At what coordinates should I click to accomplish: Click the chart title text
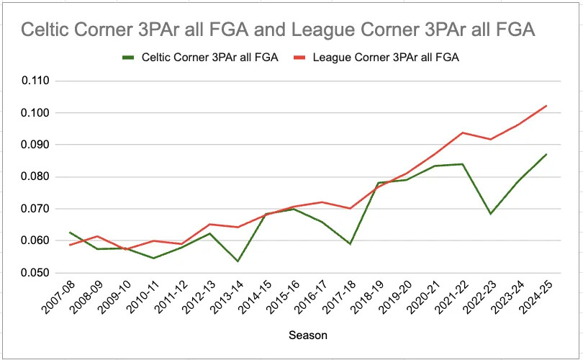278,30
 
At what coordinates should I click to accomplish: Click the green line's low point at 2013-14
237,261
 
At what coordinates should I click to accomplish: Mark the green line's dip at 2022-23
490,214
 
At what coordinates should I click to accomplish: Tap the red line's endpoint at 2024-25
547,106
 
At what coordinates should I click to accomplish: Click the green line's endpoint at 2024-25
547,154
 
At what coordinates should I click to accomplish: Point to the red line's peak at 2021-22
462,132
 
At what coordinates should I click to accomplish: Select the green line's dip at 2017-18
350,244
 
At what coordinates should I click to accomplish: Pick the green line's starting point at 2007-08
70,232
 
